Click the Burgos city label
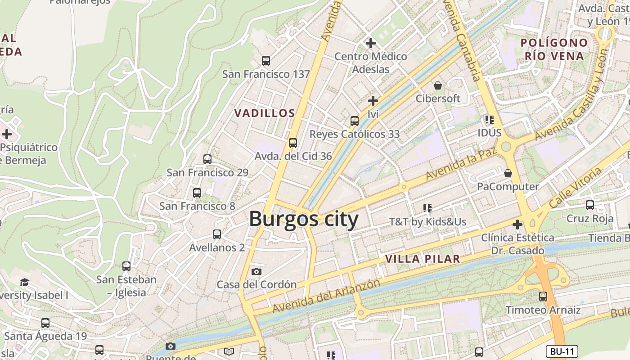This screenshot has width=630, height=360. pyautogui.click(x=304, y=219)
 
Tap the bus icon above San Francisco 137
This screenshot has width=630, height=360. pyautogui.click(x=266, y=60)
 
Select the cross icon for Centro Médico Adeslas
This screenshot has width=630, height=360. pyautogui.click(x=371, y=43)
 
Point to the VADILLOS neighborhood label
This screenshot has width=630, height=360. pyautogui.click(x=265, y=113)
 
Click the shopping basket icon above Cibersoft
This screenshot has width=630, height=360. pyautogui.click(x=438, y=85)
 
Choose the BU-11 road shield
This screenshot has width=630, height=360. pyautogui.click(x=562, y=351)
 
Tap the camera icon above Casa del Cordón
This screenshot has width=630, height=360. pyautogui.click(x=256, y=271)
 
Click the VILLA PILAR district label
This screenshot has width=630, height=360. pyautogui.click(x=423, y=259)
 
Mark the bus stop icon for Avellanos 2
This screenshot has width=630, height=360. pyautogui.click(x=217, y=234)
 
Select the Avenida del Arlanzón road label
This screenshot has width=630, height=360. pyautogui.click(x=326, y=296)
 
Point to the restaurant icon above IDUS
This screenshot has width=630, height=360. pyautogui.click(x=490, y=119)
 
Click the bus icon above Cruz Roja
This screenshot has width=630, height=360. pyautogui.click(x=590, y=205)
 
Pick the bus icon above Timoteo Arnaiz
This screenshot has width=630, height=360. pyautogui.click(x=543, y=296)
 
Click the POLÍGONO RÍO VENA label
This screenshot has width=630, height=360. pyautogui.click(x=554, y=49)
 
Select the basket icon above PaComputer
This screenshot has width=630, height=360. pyautogui.click(x=508, y=173)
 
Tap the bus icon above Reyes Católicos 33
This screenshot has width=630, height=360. pyautogui.click(x=355, y=121)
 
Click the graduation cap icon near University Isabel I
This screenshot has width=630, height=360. pyautogui.click(x=24, y=282)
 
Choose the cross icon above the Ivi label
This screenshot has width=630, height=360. pyautogui.click(x=373, y=101)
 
